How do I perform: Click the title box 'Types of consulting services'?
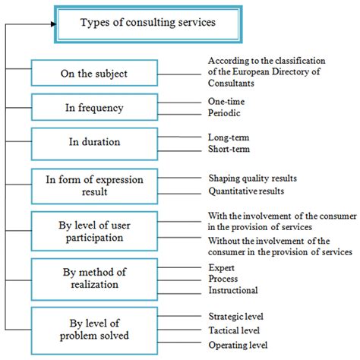tap(148, 24)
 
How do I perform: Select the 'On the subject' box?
tap(94, 73)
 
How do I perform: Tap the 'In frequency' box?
tap(94, 107)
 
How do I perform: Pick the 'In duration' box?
tap(94, 144)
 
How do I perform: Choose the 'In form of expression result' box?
tap(94, 186)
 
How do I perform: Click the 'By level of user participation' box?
tap(94, 231)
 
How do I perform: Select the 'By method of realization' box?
tap(94, 279)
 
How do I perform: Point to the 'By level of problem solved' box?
tap(94, 330)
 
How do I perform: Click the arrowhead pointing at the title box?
tap(53, 24)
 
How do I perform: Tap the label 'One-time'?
tap(226, 102)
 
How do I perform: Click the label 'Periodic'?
tap(224, 113)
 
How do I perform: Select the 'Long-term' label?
tap(229, 137)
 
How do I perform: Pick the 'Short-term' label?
tap(229, 149)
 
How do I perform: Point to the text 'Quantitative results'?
tap(246, 191)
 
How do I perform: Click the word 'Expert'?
tap(222, 268)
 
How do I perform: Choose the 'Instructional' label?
tap(233, 290)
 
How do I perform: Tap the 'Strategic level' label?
tap(236, 316)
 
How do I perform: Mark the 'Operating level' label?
tap(238, 345)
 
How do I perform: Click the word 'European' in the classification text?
tap(251, 72)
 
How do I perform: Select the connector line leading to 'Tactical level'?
tap(179, 330)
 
